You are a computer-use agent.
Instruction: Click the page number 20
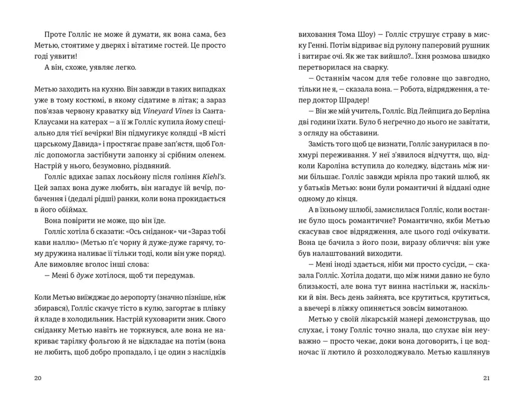(36, 378)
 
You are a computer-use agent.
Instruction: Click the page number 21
(486, 378)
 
